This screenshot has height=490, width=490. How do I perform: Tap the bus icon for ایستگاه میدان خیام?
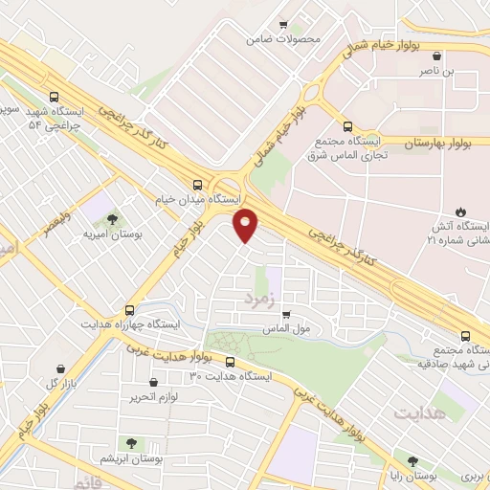(197, 184)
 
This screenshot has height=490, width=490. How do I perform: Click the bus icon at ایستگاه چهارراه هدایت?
(130, 310)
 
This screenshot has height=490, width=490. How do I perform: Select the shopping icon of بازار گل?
(62, 369)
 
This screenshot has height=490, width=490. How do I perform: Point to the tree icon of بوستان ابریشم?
(131, 443)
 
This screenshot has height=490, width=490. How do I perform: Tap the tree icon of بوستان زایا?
(413, 460)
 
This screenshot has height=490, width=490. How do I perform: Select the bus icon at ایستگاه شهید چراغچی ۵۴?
(54, 97)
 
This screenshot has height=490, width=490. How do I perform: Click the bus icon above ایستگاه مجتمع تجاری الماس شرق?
(347, 125)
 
